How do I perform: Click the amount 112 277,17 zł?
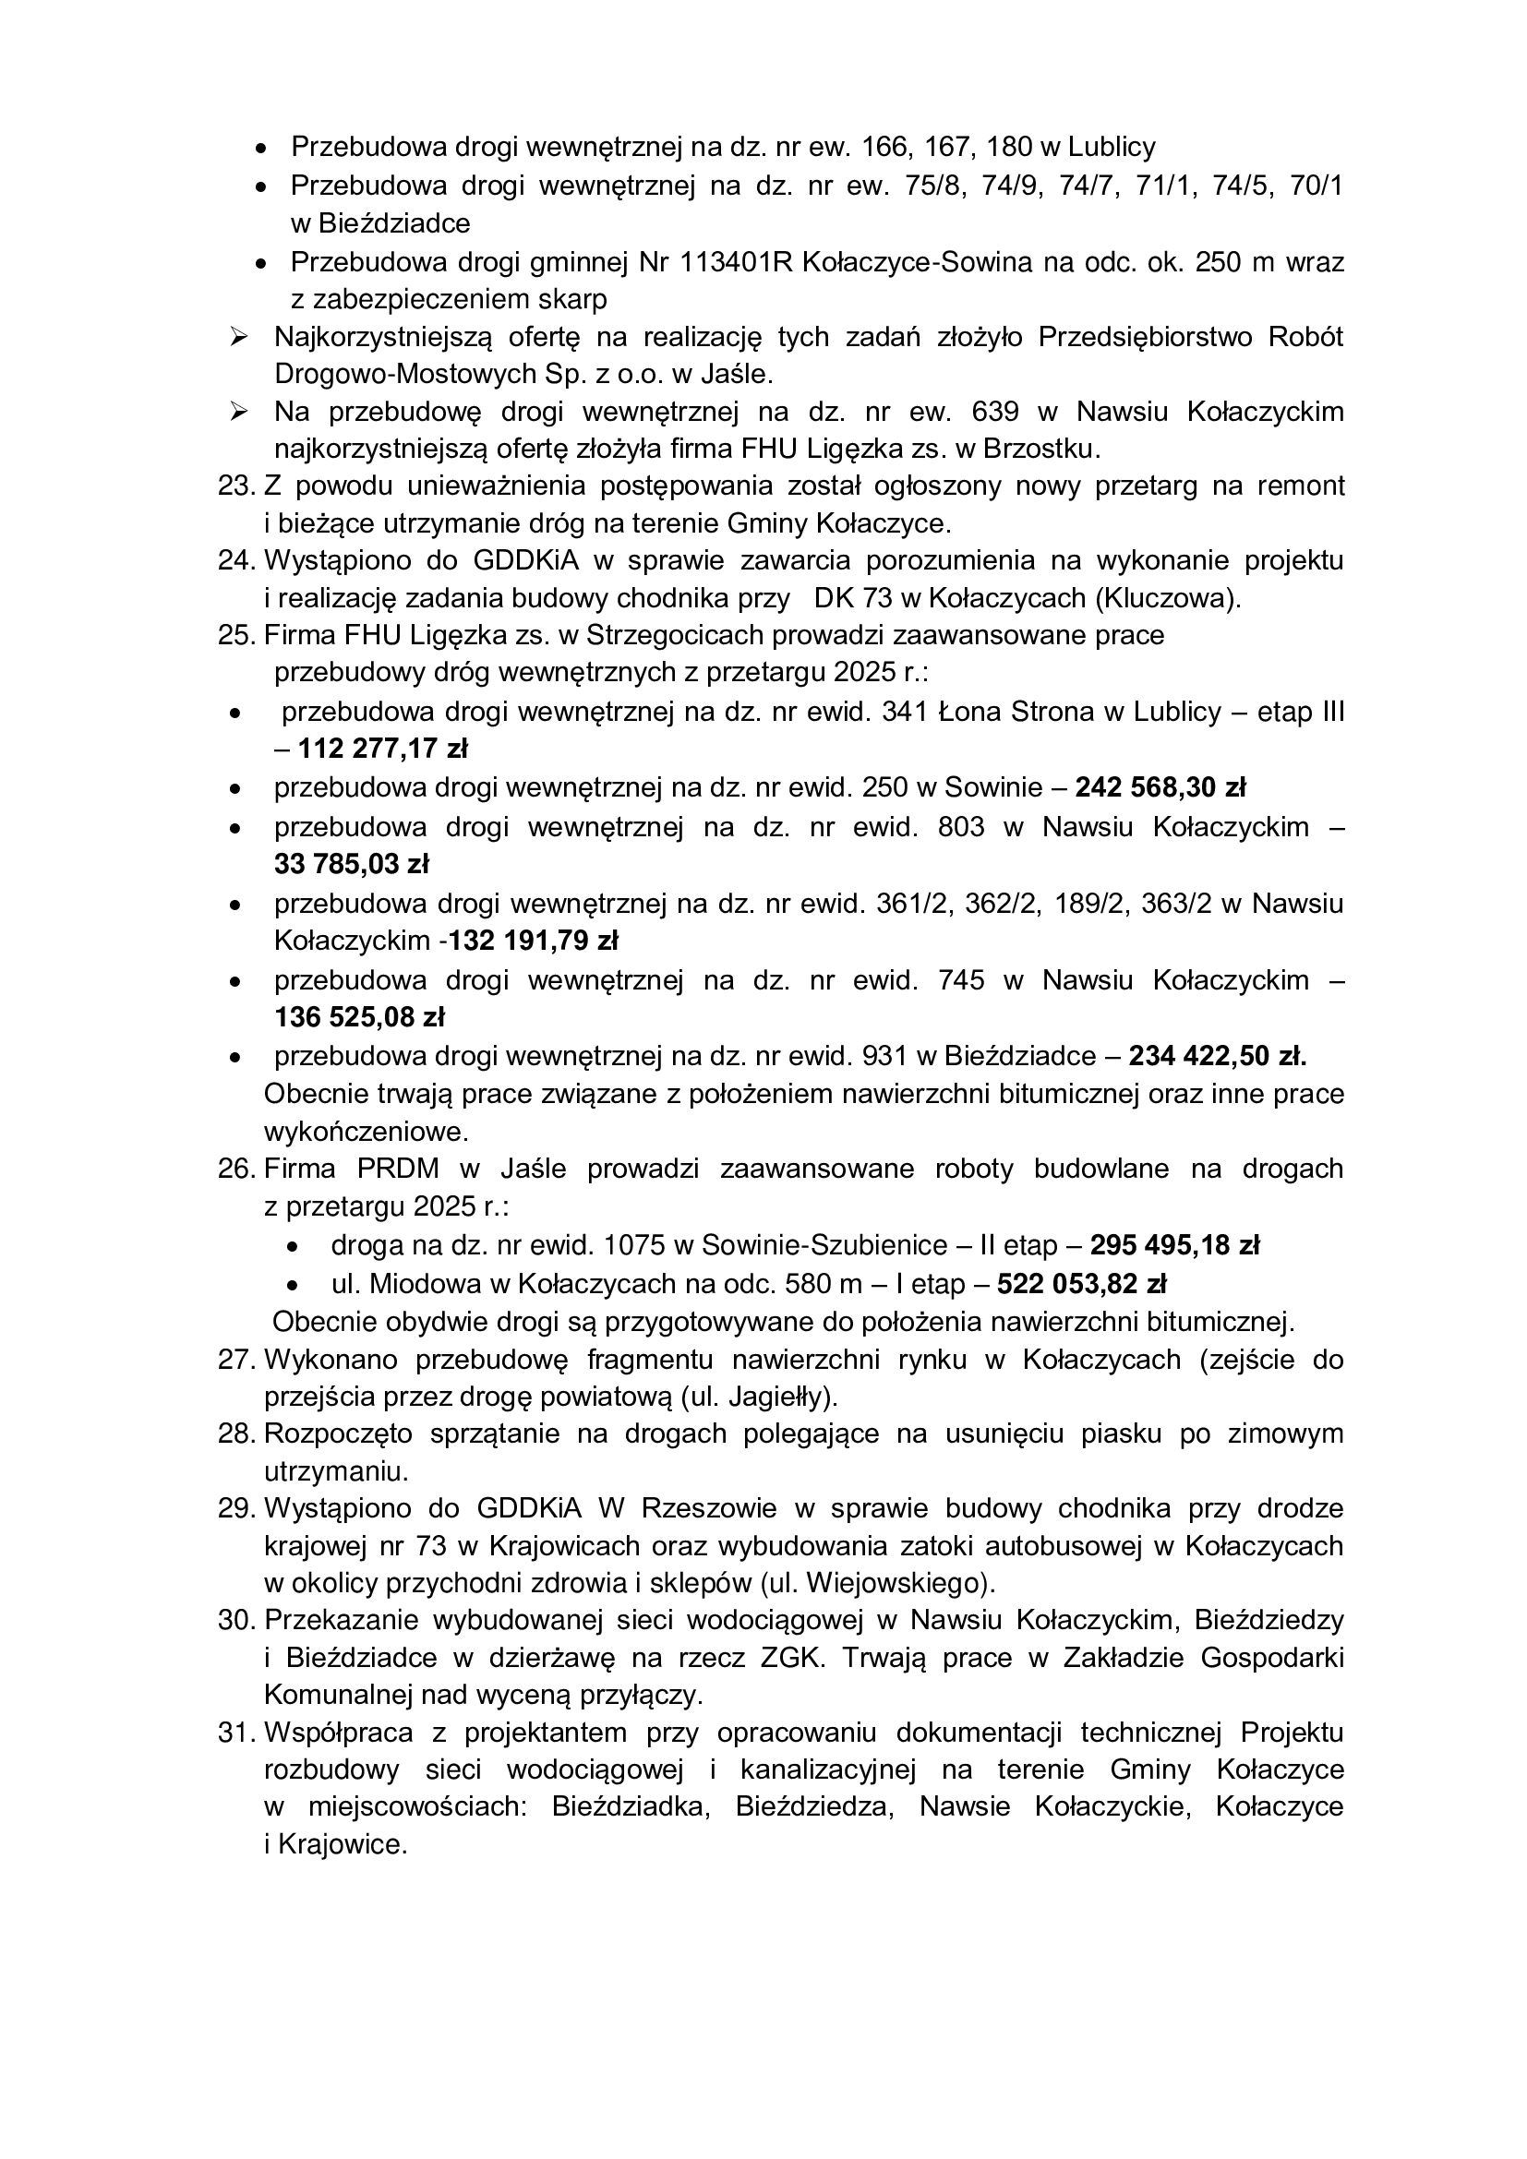point(383,750)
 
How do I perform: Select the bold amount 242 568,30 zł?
point(1160,787)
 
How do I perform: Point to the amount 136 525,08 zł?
point(359,1017)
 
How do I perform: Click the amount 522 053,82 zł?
point(1081,1284)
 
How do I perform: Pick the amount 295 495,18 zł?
point(1174,1245)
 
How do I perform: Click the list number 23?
point(236,486)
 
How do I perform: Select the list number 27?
point(236,1360)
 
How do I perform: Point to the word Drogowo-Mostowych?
point(393,374)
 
